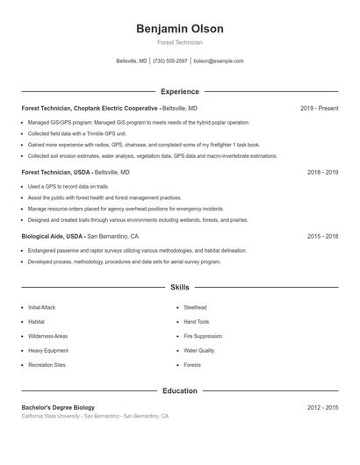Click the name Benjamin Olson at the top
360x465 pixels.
[x=179, y=29]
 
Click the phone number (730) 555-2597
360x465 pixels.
[x=170, y=61]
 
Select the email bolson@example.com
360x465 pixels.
[x=219, y=61]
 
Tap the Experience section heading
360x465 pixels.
[x=179, y=91]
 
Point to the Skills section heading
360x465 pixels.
[x=179, y=287]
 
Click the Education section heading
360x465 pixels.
[x=179, y=390]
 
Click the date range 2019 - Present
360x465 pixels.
[x=319, y=108]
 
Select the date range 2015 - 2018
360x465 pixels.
[x=322, y=236]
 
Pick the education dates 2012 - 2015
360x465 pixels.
[x=322, y=408]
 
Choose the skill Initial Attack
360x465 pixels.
[x=41, y=308]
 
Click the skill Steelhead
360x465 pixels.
[x=195, y=308]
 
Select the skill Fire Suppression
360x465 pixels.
[x=202, y=336]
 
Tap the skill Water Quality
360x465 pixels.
[x=198, y=350]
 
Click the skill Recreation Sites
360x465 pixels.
[x=47, y=364]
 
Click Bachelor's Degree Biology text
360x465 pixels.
[x=58, y=408]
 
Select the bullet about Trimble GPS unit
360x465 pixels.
[x=70, y=133]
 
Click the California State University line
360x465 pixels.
[x=95, y=416]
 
